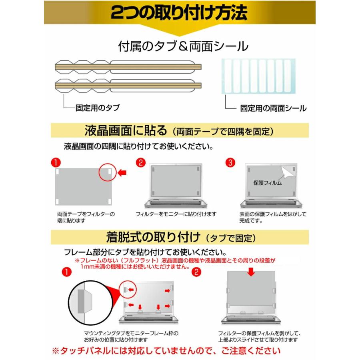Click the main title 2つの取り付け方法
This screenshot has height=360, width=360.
tap(179, 14)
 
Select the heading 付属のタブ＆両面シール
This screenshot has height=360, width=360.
tap(183, 46)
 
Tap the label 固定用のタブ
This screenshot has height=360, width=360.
tap(97, 108)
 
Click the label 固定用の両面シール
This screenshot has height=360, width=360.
tap(273, 108)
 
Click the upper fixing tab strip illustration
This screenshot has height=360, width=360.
tap(128, 67)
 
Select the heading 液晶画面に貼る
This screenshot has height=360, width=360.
tap(125, 131)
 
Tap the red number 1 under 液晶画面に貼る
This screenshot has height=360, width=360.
tap(56, 162)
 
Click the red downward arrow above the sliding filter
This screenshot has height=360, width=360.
tap(251, 272)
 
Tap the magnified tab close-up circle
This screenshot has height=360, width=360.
tap(86, 302)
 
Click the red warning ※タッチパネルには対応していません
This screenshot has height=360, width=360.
tap(166, 351)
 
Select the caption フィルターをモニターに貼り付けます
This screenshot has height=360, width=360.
tap(176, 214)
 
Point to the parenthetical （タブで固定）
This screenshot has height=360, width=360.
tap(230, 239)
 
